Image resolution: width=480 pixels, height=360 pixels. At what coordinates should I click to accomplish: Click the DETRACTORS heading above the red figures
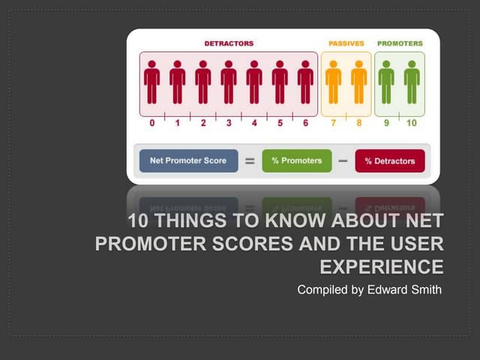[229, 43]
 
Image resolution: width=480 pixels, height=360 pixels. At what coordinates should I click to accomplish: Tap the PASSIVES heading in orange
[346, 43]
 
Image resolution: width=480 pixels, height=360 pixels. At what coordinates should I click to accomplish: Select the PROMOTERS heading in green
[400, 43]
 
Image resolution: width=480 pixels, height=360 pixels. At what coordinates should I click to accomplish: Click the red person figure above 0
[152, 81]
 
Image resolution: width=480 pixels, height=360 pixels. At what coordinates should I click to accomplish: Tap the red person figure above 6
[305, 81]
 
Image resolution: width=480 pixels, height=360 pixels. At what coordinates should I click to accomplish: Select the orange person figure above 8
[359, 81]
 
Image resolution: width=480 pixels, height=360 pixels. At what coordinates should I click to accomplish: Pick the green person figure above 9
[386, 81]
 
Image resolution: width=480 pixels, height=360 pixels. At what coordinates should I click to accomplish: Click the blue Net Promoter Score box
[188, 160]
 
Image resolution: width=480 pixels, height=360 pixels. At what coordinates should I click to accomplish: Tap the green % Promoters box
[296, 160]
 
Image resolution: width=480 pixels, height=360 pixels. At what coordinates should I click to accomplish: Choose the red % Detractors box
[389, 160]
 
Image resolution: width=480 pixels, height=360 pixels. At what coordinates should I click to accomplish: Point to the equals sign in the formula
[250, 160]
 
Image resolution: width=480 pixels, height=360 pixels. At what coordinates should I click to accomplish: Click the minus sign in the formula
[343, 160]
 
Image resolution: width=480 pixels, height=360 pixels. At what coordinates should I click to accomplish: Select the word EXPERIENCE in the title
[382, 266]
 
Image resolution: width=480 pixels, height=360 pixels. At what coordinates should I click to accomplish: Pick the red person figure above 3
[229, 81]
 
